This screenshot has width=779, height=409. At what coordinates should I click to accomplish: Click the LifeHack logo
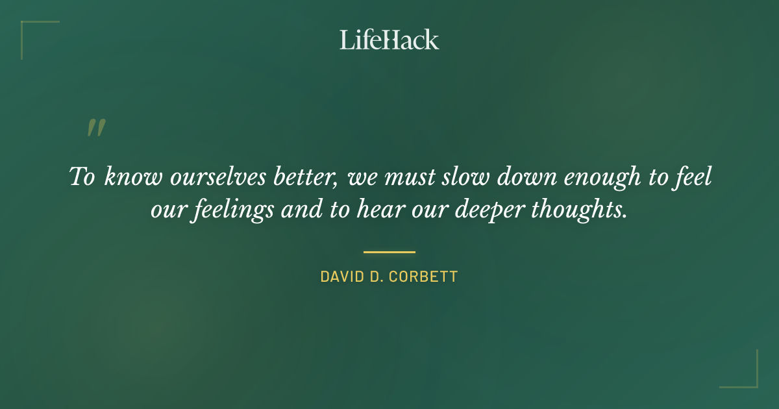click(x=389, y=40)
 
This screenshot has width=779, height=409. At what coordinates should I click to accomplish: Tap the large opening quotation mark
click(x=95, y=127)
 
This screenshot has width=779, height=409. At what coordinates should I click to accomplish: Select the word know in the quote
click(x=133, y=177)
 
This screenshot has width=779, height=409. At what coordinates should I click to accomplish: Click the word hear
click(x=380, y=211)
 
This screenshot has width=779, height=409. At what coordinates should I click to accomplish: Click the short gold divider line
click(x=389, y=252)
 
